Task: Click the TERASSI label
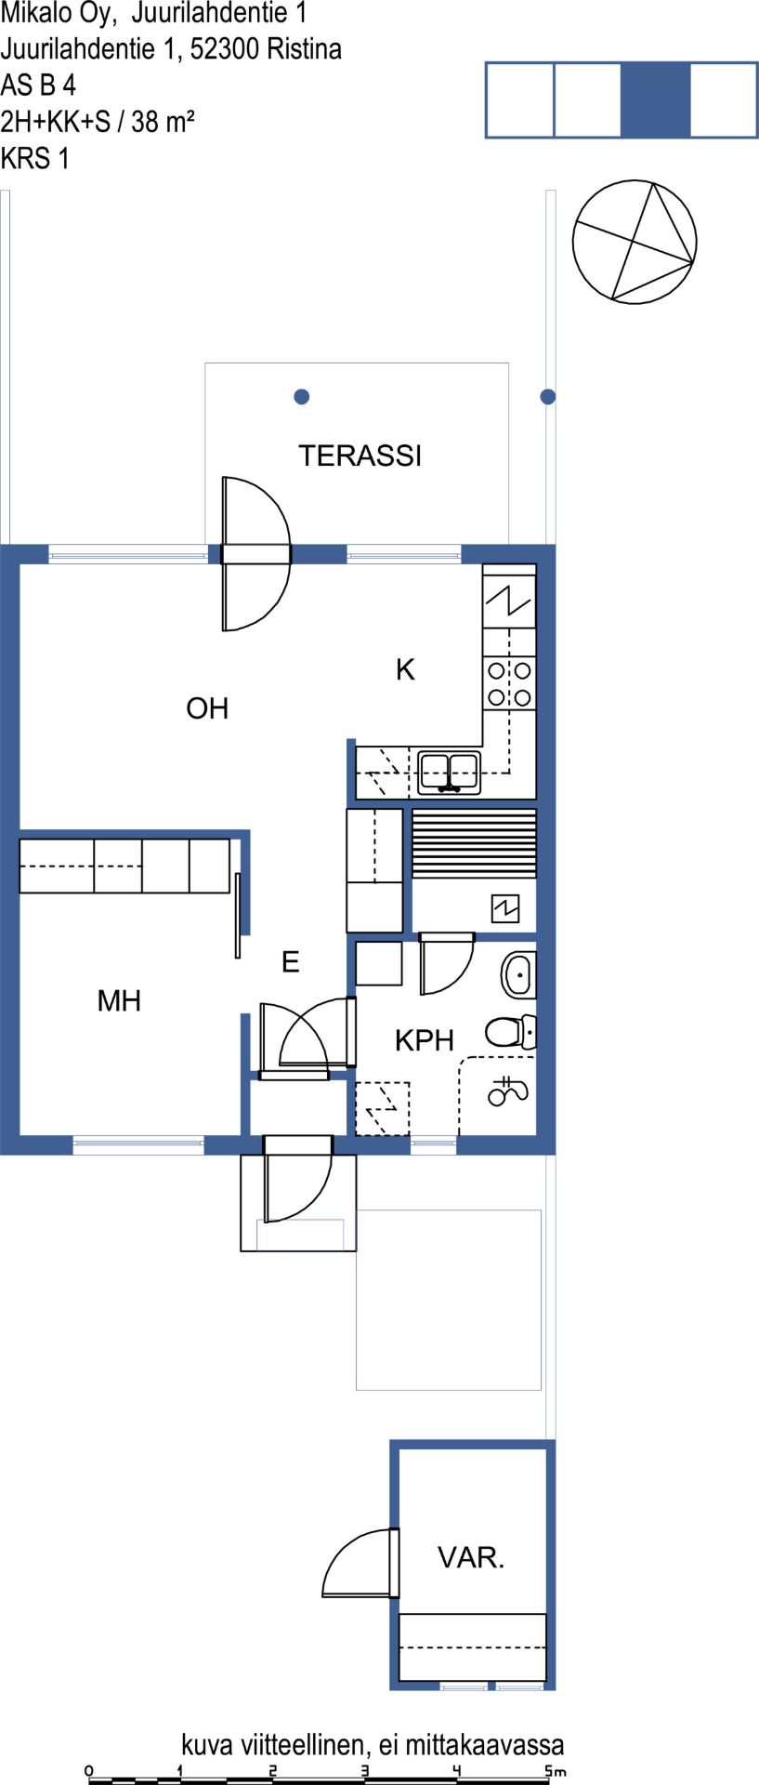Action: [360, 456]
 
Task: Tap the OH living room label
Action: [207, 708]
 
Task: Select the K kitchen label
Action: [405, 669]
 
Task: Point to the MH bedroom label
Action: [119, 1000]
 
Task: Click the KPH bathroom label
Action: [425, 1040]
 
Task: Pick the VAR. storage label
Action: [471, 1557]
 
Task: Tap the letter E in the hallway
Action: [291, 961]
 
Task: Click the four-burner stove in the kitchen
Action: [509, 683]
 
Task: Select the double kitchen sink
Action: [449, 772]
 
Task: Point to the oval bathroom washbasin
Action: [518, 974]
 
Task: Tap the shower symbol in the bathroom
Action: [507, 1091]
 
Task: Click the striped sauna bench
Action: [474, 843]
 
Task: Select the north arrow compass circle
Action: [635, 242]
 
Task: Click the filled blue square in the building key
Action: [656, 100]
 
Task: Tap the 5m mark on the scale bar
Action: [555, 1771]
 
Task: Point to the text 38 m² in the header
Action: [163, 121]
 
